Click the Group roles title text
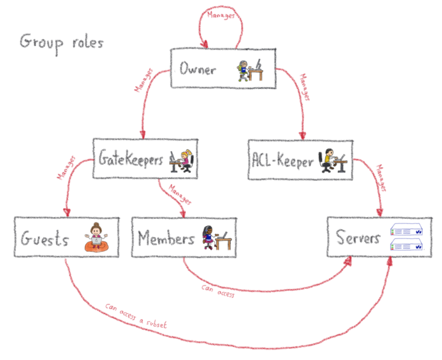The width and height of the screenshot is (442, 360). click(62, 43)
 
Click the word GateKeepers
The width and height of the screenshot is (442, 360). click(131, 158)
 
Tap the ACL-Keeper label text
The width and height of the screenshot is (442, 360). click(283, 161)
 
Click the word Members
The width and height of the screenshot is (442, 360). click(166, 238)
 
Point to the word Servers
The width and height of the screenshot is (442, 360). click(358, 238)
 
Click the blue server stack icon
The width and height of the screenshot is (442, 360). click(406, 236)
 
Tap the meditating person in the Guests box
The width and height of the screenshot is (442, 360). click(97, 237)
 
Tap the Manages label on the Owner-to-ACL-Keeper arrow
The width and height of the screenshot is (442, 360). click(303, 86)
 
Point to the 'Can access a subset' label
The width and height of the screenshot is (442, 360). click(136, 316)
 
